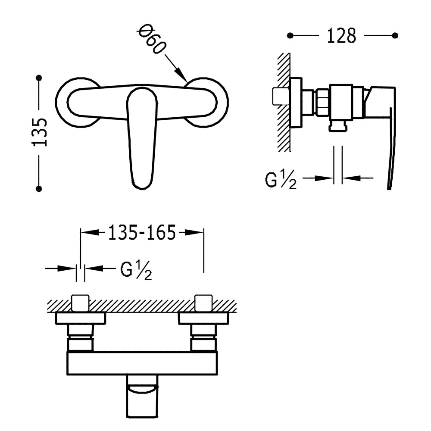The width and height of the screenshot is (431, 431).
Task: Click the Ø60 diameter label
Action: coord(152,39)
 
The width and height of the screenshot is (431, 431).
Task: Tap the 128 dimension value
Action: coord(341,36)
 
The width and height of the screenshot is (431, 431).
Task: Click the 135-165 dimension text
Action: coord(141,233)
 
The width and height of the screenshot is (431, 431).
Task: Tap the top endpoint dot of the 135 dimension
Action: coord(39,78)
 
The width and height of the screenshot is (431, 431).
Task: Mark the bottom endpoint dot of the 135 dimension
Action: coord(39,189)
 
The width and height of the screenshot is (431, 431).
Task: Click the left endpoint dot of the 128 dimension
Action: coord(290,35)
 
